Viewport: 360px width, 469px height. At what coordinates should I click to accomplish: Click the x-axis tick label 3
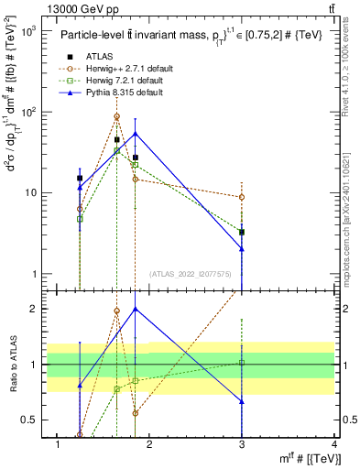[x=242, y=444]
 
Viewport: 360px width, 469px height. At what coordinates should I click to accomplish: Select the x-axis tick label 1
[x=59, y=444]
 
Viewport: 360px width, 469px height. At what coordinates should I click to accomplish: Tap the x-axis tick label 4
[x=333, y=444]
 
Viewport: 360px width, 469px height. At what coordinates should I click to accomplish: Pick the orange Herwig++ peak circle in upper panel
[x=116, y=116]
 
